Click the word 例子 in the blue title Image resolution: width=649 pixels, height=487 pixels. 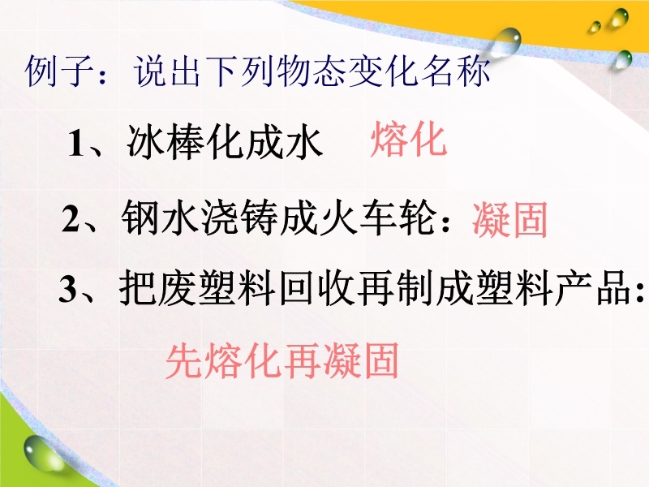[x=59, y=71]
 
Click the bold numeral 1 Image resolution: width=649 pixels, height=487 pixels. [x=76, y=144]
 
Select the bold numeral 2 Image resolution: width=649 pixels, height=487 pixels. [x=71, y=218]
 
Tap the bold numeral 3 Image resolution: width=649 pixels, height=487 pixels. [x=68, y=289]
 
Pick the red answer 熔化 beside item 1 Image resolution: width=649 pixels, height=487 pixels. [x=409, y=140]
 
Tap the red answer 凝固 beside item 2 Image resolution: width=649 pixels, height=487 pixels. [x=510, y=219]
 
